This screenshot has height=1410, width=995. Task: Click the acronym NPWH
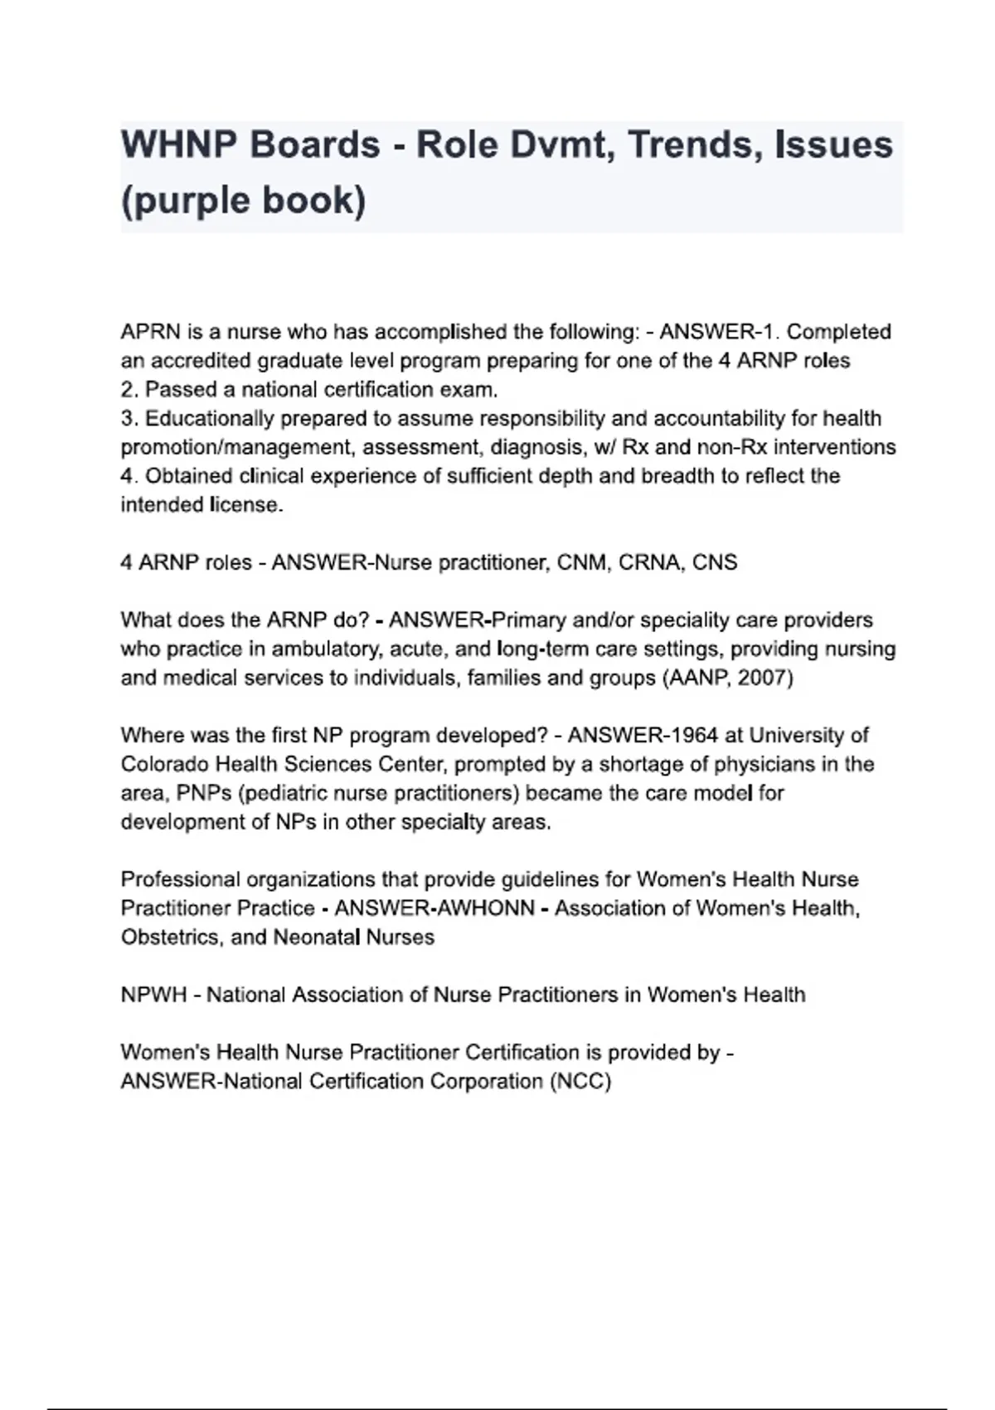(x=153, y=994)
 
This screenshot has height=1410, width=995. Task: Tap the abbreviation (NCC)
(x=580, y=1082)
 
